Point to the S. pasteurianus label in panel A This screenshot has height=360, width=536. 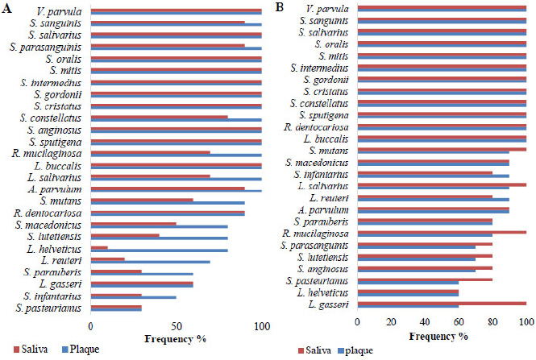52,308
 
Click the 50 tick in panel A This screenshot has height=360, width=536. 176,326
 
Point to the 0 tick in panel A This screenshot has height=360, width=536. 91,326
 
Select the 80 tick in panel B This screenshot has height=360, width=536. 492,323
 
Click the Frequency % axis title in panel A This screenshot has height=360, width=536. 175,339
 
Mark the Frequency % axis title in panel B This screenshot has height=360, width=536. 443,335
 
